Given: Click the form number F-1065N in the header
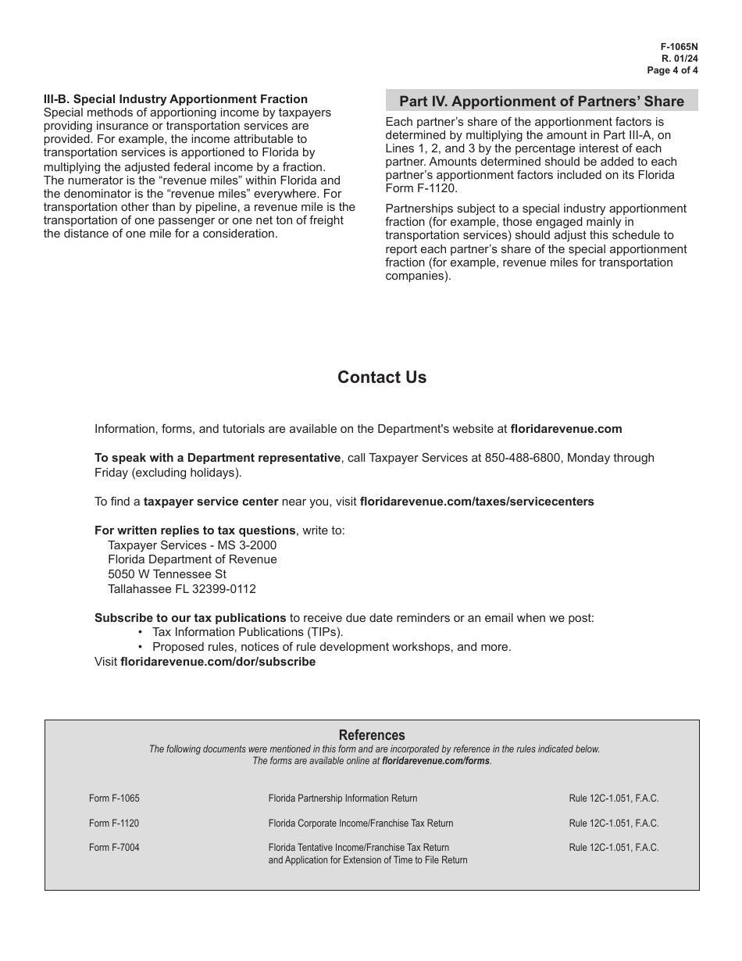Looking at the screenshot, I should pos(679,47).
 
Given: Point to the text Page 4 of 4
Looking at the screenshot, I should pos(672,70).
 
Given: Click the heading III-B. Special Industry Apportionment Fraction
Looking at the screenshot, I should pos(176,99).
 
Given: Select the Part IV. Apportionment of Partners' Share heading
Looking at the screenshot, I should pos(541,102).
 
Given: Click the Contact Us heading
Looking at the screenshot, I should pos(382,377).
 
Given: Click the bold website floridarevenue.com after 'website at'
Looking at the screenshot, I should pos(566,429).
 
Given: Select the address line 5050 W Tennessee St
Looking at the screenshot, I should pos(167,574).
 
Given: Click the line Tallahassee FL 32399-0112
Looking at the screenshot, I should pos(182,589).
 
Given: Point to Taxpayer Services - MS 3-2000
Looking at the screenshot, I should pos(192,545).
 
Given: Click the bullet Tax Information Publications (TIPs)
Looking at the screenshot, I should pos(248,632).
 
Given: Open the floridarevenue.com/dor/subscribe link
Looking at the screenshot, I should pos(218,662).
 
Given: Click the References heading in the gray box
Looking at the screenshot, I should pos(372,735).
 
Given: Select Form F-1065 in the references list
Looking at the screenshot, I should pos(114,798).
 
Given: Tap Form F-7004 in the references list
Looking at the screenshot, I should pos(114,847).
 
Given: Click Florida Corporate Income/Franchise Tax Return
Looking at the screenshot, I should pos(360,823).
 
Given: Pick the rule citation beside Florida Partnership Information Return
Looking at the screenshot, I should pos(614,798).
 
